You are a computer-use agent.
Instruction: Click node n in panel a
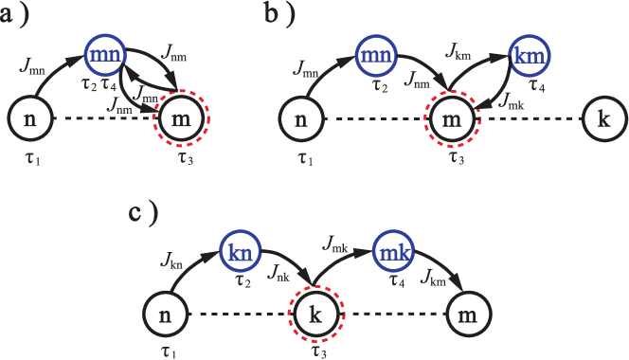30,119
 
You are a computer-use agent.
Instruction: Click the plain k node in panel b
603,119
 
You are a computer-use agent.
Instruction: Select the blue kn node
241,252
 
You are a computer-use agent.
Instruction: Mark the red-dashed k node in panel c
316,314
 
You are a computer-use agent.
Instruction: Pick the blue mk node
392,252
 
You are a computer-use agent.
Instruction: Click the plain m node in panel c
468,314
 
